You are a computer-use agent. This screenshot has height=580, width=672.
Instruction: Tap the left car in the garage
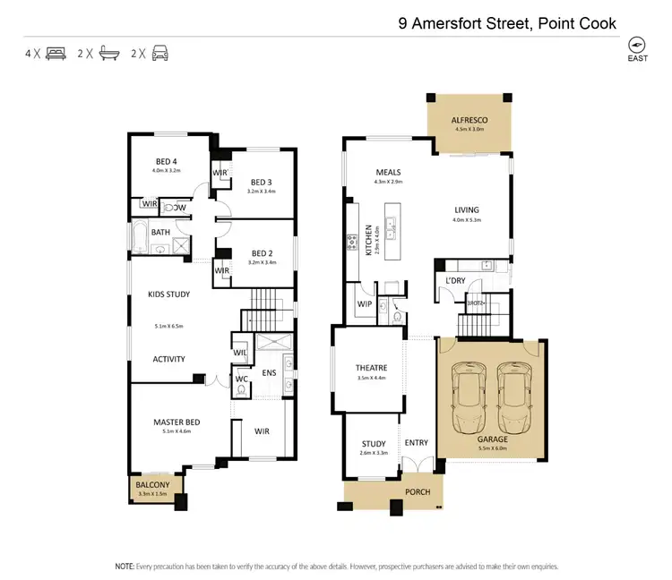469,395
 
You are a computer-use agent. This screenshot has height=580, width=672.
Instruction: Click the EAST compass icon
637,46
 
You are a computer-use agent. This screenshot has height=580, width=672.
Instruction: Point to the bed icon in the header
55,53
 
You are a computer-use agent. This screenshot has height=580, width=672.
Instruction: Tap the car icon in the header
159,53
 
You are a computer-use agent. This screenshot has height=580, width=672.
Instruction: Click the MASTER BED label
176,422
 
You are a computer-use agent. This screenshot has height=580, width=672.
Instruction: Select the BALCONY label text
152,484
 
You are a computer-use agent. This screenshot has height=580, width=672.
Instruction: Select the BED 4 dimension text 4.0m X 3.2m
168,170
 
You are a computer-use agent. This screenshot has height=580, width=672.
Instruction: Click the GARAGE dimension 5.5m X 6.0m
492,449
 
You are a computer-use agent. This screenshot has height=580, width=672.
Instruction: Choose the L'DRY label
455,280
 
